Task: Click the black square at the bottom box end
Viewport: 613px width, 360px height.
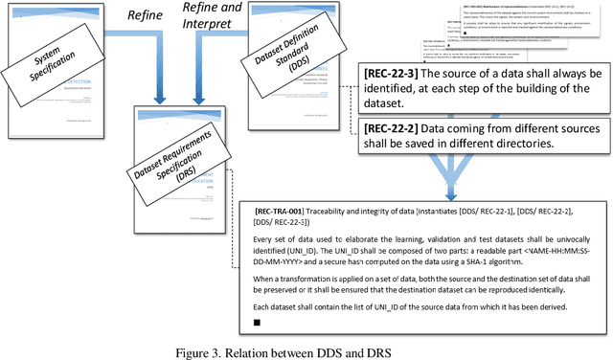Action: [257, 323]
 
